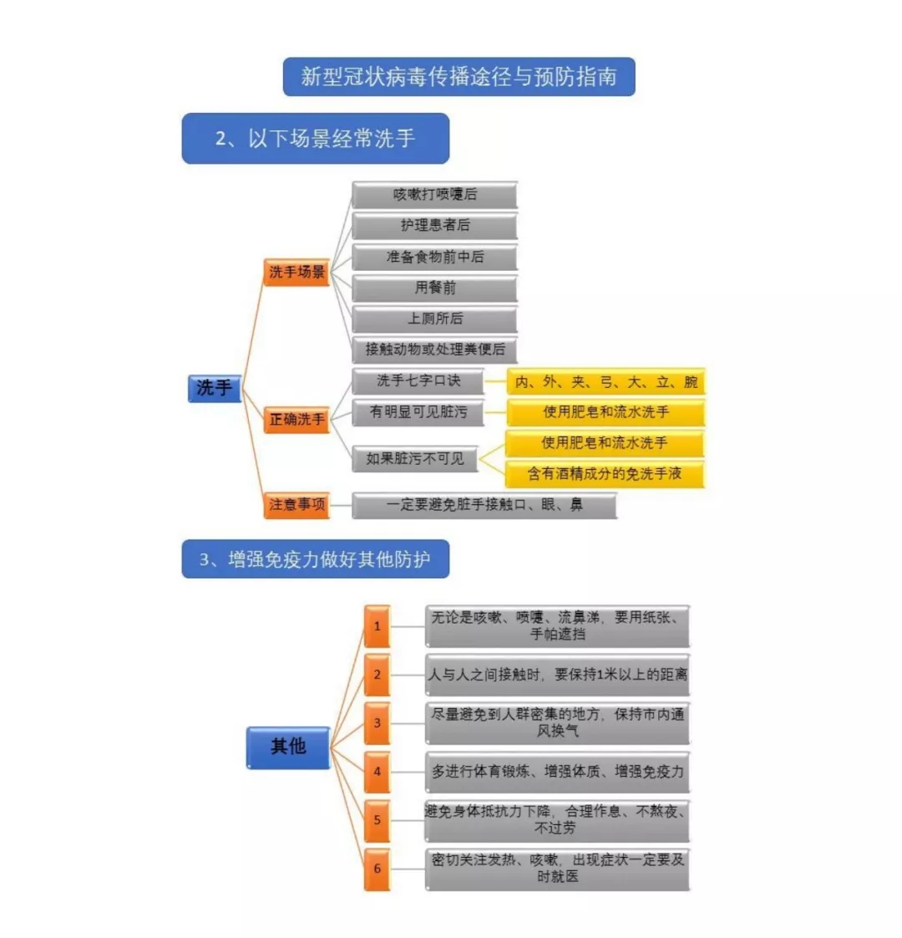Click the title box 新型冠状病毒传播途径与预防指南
click(x=459, y=77)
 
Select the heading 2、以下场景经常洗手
click(x=316, y=138)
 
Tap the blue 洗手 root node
click(x=215, y=388)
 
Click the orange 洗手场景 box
click(x=296, y=273)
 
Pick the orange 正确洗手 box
click(x=296, y=420)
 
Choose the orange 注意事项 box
click(x=296, y=505)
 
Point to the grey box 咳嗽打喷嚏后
click(x=434, y=195)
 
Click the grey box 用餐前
click(x=434, y=288)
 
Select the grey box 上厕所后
click(x=434, y=319)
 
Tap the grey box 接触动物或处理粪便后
click(x=434, y=349)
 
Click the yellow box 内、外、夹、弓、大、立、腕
click(x=606, y=382)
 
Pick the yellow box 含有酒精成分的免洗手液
click(x=605, y=474)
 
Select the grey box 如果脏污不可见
click(x=415, y=459)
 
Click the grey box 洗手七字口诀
click(x=418, y=381)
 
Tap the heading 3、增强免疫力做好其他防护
click(x=316, y=558)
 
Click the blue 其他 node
click(x=288, y=747)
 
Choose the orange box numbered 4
click(x=378, y=772)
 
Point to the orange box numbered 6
click(x=378, y=869)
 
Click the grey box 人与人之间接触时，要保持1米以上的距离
click(x=558, y=675)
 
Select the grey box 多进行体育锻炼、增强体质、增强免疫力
click(x=558, y=772)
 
